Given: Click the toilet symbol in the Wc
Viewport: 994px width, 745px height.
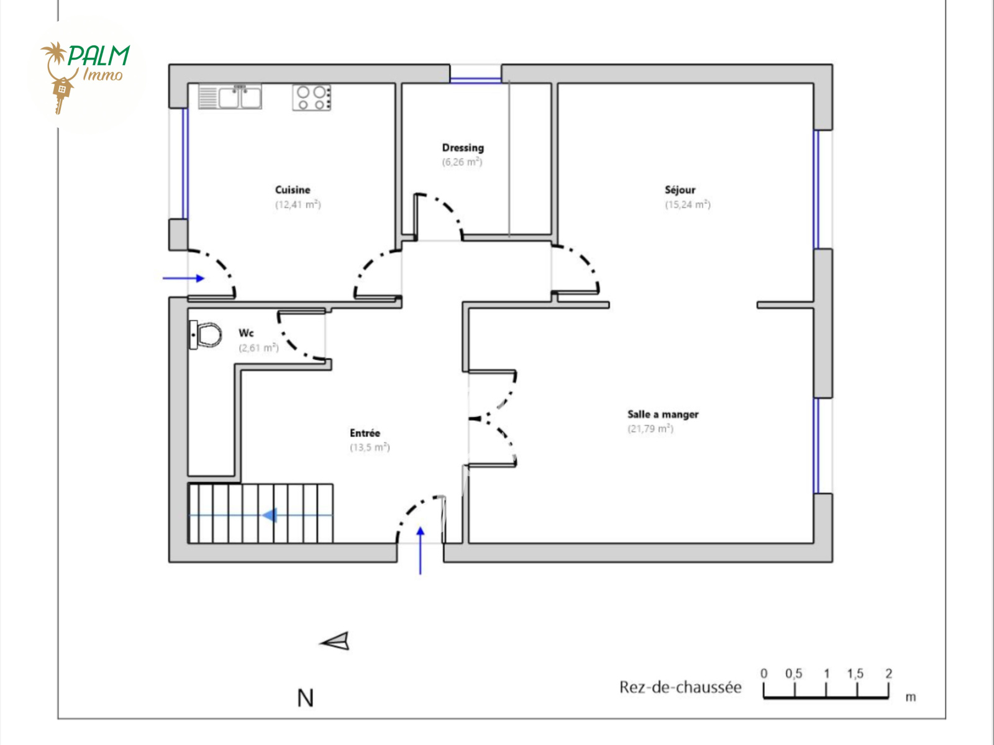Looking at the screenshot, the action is (x=205, y=335).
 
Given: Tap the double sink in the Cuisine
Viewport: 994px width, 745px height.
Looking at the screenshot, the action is (x=230, y=97).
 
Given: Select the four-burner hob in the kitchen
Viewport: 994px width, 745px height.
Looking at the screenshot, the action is (x=312, y=97).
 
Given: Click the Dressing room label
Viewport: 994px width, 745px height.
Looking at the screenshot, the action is (x=463, y=148).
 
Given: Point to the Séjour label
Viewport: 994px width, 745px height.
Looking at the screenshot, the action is (x=680, y=190).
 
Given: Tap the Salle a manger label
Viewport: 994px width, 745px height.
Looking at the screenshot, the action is (x=663, y=414).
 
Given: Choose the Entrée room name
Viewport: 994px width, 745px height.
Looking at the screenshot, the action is (x=365, y=433).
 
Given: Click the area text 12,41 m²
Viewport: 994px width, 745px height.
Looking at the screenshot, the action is (x=298, y=205).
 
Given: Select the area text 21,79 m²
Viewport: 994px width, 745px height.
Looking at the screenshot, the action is (x=650, y=429).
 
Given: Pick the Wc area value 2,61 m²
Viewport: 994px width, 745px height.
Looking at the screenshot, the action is (x=258, y=348).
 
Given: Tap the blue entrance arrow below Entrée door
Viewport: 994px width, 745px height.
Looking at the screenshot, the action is (x=420, y=551).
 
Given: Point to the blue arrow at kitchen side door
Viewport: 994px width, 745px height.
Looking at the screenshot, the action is (x=183, y=278).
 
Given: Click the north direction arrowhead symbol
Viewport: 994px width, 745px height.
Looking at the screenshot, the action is (x=335, y=641).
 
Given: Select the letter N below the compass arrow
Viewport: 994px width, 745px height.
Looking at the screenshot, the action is (x=305, y=698).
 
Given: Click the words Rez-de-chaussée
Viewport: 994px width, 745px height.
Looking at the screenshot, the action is (x=681, y=687).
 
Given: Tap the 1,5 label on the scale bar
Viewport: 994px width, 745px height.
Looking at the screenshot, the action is (x=855, y=674).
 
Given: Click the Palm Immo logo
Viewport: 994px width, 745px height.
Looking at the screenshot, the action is (x=86, y=74).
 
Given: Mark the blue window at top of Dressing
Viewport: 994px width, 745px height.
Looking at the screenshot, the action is (x=475, y=81).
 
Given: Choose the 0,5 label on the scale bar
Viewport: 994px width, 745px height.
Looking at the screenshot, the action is (x=793, y=674).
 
